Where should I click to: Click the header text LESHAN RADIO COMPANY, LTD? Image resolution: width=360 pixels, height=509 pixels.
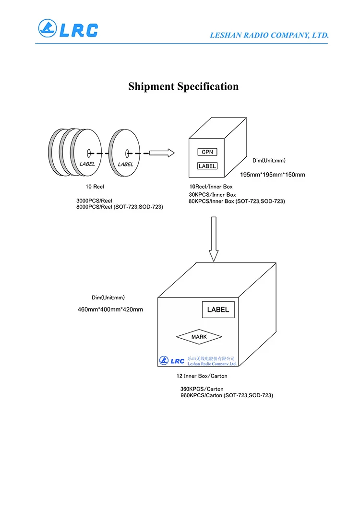(x=269, y=35)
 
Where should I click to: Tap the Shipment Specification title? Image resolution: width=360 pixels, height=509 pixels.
(x=183, y=86)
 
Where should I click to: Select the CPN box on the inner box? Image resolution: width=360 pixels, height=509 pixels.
(x=207, y=152)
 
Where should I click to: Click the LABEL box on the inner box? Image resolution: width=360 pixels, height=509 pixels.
(x=207, y=166)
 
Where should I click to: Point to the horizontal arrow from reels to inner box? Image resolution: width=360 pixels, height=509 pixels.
(x=161, y=153)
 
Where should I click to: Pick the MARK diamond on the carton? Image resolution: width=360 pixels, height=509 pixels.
(x=199, y=337)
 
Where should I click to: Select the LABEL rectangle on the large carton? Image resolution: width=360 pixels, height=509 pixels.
(x=218, y=309)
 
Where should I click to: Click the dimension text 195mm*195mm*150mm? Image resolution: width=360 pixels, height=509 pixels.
(x=273, y=175)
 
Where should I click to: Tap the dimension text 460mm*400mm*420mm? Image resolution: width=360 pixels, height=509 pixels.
(x=110, y=309)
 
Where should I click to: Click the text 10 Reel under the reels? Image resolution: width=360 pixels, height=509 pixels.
(x=95, y=187)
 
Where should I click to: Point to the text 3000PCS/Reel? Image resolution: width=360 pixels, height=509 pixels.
(x=94, y=201)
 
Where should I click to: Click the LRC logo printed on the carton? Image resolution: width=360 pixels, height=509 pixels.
(x=171, y=360)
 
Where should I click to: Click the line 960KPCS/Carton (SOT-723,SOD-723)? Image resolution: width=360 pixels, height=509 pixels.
(x=227, y=395)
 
